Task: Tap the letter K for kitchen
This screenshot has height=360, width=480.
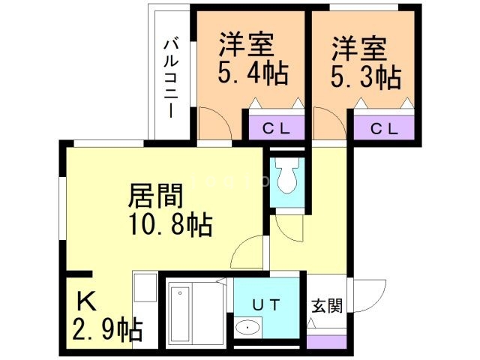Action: tap(86, 301)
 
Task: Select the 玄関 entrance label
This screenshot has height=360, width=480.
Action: tap(327, 305)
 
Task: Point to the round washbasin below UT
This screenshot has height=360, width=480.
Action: tap(247, 328)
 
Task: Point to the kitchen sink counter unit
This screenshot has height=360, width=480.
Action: tap(145, 311)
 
